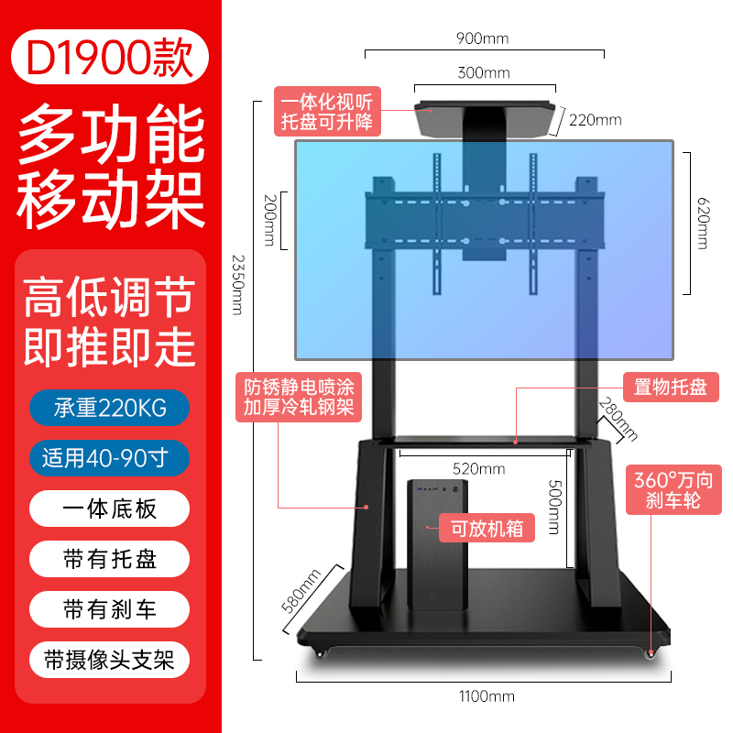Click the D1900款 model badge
110,57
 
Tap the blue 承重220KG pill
109,408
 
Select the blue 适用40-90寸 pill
109,458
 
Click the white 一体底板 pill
109,509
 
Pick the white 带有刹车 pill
109,609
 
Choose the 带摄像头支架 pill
109,660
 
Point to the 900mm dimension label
483,38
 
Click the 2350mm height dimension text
238,285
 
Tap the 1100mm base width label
487,696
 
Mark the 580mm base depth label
301,590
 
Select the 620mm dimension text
703,224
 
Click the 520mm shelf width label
478,469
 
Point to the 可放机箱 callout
487,529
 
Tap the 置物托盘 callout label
671,387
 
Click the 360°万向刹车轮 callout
673,490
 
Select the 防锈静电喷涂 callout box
299,398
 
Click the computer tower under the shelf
438,544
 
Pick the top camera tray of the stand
485,119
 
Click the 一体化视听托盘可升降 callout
327,111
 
